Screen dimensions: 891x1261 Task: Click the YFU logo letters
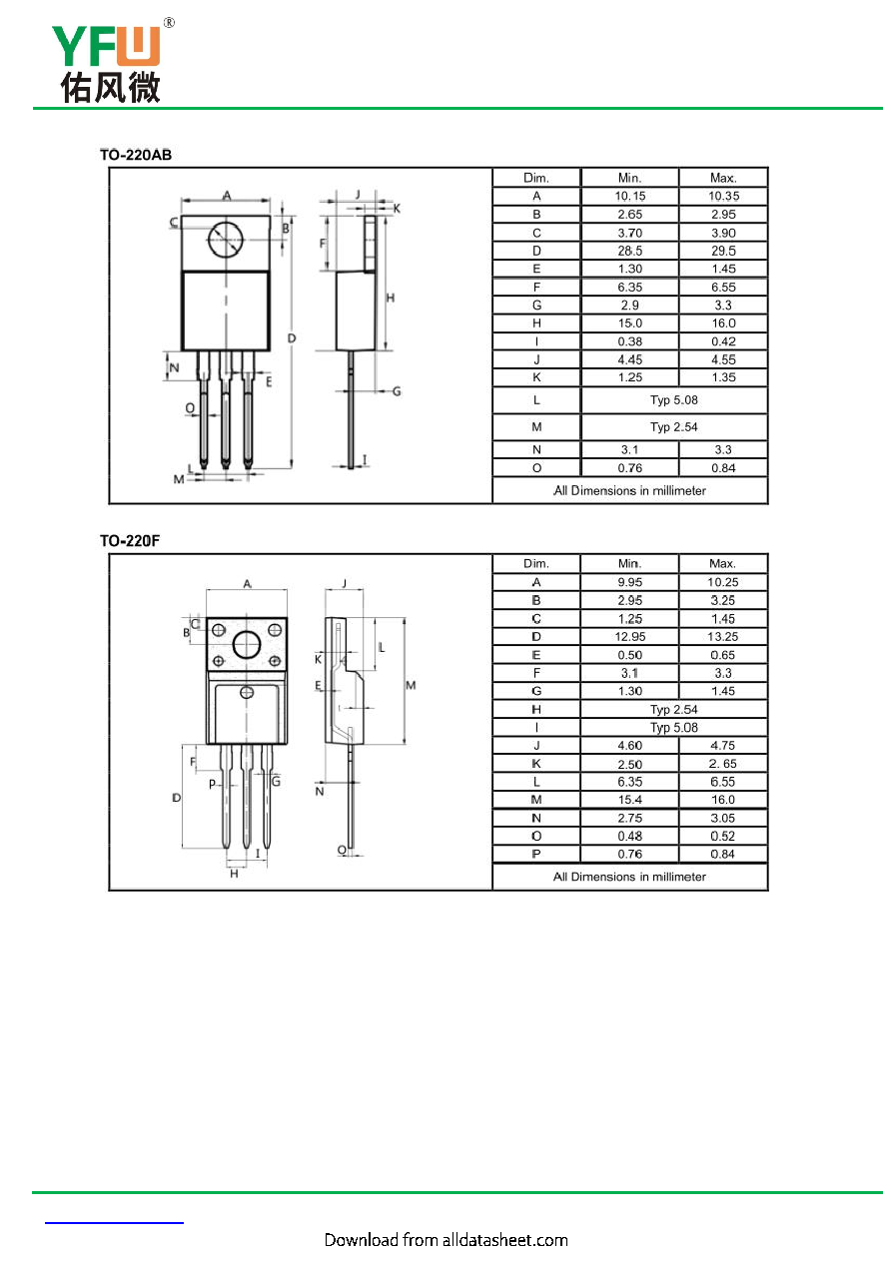106,46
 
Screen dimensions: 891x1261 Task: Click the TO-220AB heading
136,154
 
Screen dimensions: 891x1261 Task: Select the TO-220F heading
130,540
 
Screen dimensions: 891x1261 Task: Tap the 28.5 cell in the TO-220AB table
629,251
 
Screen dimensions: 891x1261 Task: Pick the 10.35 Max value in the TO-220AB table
723,196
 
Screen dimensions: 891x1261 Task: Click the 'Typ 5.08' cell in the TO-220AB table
673,399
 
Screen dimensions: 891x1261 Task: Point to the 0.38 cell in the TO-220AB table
629,341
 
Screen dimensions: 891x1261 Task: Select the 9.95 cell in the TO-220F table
629,582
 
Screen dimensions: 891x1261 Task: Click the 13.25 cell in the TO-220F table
722,636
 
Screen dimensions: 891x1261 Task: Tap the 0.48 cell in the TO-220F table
629,836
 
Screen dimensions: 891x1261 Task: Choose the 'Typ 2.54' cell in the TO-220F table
673,709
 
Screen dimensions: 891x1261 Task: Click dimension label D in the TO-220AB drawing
292,337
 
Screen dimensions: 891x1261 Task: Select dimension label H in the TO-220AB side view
390,298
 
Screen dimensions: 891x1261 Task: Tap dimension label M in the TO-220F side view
411,685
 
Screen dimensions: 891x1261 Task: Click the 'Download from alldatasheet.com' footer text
446,1240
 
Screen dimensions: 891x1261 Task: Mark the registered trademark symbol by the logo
169,23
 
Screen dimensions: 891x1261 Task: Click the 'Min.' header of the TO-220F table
629,563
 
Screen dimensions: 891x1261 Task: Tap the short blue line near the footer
114,1223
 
